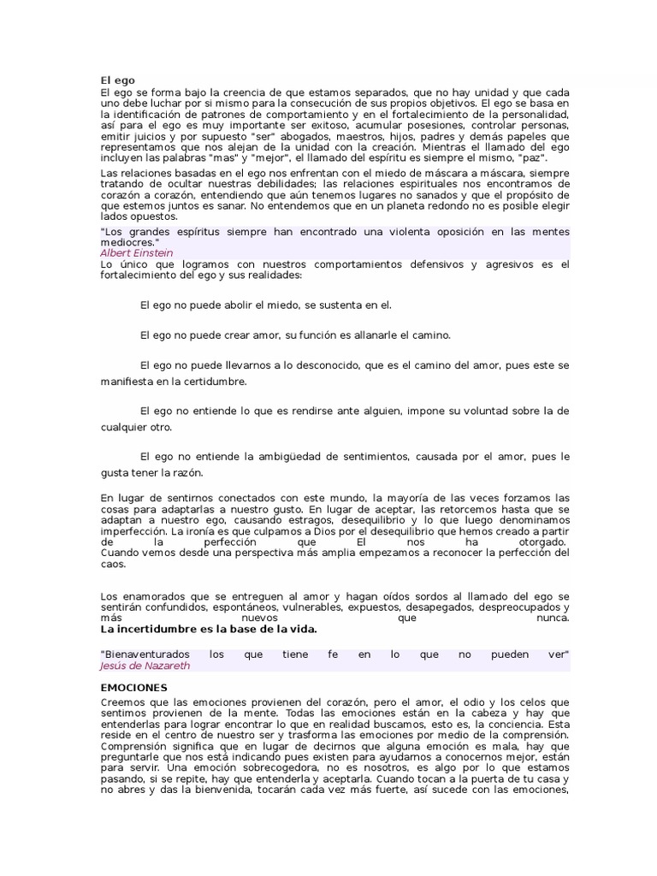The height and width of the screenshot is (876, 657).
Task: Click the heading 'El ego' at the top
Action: coord(117,80)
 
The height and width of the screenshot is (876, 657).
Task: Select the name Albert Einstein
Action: coord(137,253)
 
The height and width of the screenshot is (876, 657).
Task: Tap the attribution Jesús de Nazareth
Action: coord(145,665)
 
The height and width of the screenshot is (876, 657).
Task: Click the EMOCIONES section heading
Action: coord(133,687)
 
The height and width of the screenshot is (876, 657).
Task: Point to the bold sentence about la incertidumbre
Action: coord(209,629)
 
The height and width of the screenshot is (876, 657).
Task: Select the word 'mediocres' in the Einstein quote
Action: coord(123,243)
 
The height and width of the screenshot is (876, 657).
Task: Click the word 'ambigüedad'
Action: coord(303,457)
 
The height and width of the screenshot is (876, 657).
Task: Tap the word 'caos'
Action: coord(112,564)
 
